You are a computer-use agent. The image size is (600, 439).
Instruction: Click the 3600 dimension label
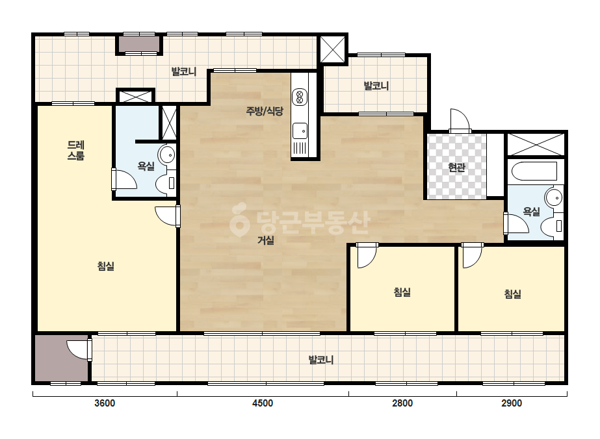[105, 403]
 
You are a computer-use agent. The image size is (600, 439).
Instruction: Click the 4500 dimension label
[263, 403]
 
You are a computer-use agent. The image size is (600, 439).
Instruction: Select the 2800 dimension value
[402, 403]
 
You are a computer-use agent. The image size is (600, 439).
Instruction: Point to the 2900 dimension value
[512, 403]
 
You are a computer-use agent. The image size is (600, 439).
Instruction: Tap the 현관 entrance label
[456, 167]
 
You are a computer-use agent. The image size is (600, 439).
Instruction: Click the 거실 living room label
[266, 240]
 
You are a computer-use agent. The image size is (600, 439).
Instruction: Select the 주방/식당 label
[265, 111]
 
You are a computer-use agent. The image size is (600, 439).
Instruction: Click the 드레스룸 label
[76, 150]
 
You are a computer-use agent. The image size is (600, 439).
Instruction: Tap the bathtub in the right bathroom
[534, 171]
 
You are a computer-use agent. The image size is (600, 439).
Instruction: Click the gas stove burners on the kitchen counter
[299, 97]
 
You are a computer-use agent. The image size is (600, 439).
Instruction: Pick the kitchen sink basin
[300, 131]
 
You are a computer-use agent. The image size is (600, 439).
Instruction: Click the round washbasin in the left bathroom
[167, 155]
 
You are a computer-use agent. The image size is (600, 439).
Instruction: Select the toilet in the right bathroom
[553, 226]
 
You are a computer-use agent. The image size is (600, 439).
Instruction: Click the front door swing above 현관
[460, 121]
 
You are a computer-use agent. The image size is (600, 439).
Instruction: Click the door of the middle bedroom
[367, 255]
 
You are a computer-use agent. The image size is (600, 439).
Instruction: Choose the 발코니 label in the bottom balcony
[321, 360]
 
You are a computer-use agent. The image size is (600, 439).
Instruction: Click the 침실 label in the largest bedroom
[105, 266]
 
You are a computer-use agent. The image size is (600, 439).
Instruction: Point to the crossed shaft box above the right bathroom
[536, 144]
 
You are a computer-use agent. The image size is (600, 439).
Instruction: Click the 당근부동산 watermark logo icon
[239, 219]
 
